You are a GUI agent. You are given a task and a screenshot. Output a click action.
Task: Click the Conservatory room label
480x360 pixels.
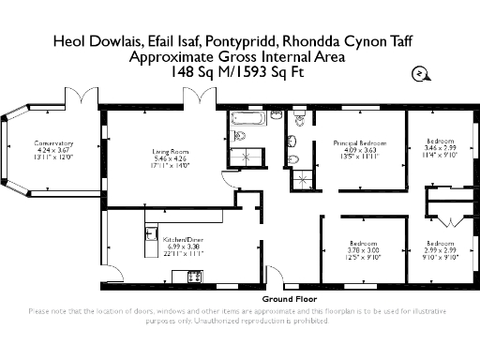(x=53, y=142)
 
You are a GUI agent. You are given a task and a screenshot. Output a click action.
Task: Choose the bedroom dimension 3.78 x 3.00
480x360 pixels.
(x=360, y=250)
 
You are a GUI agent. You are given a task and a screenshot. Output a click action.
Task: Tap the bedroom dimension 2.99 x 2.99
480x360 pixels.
(x=439, y=250)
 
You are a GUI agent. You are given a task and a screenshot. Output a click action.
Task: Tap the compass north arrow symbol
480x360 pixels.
(x=418, y=74)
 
